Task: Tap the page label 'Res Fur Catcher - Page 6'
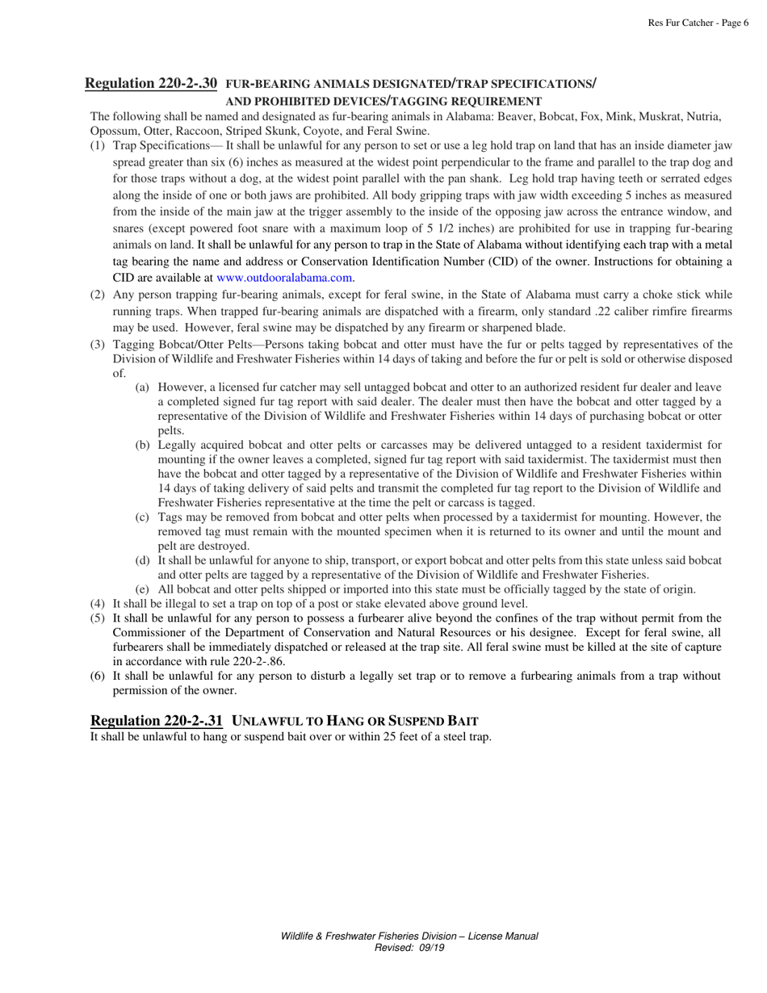tap(698, 23)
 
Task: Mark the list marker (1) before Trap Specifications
tap(96, 145)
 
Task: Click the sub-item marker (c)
tap(143, 516)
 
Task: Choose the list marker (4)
tap(96, 603)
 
